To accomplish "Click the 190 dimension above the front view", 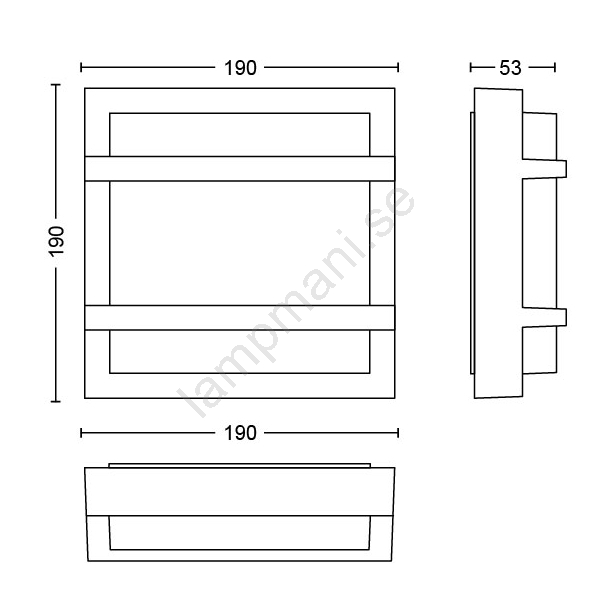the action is pos(240,68).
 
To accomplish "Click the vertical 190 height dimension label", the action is pos(56,241).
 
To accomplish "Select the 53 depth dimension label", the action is pos(510,68).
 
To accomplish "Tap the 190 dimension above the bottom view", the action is pos(240,433).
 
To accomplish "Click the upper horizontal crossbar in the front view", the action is pos(240,168).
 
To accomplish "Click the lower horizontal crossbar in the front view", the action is pos(240,318).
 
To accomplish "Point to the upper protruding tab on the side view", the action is pos(545,169).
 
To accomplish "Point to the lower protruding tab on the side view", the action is pos(545,318).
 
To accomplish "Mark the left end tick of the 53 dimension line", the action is pos(471,68).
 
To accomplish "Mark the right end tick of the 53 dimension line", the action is pos(555,68).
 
